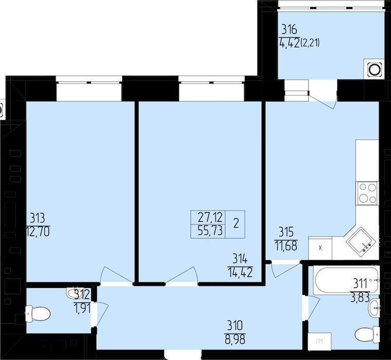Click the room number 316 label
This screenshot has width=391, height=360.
[x=290, y=30]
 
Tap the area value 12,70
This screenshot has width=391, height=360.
[x=38, y=232]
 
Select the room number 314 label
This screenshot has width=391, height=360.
[x=240, y=260]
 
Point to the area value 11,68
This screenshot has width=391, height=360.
[x=286, y=246]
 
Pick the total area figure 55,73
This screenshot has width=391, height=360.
[x=210, y=231]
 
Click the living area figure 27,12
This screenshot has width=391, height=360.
[x=210, y=218]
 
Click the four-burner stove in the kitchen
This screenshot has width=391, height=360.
[x=367, y=193]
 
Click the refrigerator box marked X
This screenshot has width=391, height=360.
[x=320, y=248]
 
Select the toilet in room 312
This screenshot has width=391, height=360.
[x=38, y=313]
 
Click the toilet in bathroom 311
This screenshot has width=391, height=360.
[x=367, y=334]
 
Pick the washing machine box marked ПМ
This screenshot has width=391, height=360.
[x=319, y=341]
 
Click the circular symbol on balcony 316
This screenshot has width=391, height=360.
[x=375, y=69]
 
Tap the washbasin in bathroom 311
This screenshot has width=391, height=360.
[x=374, y=308]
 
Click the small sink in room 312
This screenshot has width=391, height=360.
[x=73, y=293]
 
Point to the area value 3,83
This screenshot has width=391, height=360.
[x=360, y=298]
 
